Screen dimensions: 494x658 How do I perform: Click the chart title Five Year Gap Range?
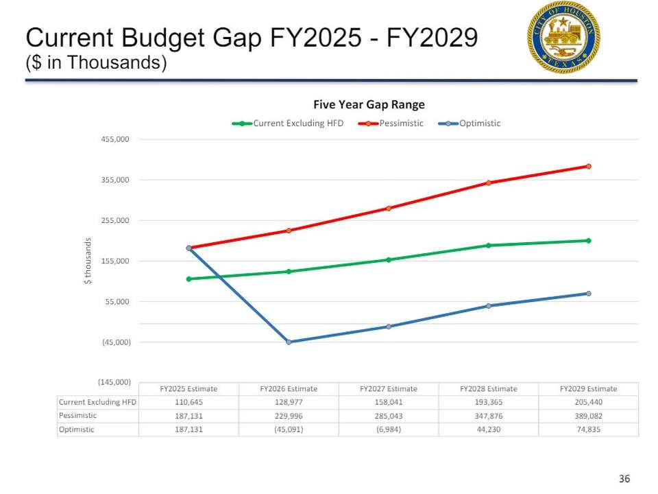pos(369,105)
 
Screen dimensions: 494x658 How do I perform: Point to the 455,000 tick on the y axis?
pos(115,139)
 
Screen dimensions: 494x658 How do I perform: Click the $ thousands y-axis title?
pos(88,261)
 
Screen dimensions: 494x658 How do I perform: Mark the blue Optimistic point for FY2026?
pos(289,342)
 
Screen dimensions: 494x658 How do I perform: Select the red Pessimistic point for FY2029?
pos(588,166)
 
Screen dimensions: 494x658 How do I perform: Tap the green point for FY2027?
pos(389,260)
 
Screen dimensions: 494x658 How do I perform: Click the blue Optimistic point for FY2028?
pos(489,306)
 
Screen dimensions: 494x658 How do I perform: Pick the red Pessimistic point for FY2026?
pos(289,231)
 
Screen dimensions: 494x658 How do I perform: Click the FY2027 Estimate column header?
pos(389,389)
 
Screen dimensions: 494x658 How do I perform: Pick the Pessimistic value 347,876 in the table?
pos(489,416)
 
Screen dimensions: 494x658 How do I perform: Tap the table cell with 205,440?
pos(588,402)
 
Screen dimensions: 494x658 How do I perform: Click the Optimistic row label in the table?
pos(77,430)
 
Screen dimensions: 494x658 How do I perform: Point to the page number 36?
pos(624,479)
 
